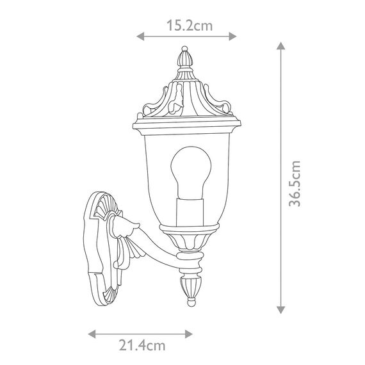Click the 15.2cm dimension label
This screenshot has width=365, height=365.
(x=190, y=26)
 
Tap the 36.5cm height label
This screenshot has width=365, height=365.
(x=295, y=183)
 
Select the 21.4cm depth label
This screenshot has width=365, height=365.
(x=142, y=345)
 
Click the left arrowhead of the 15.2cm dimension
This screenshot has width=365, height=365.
(x=140, y=36)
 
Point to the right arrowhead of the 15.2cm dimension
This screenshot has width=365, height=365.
(x=233, y=36)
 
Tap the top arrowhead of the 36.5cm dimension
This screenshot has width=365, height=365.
(x=281, y=45)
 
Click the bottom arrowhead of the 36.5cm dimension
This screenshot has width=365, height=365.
(x=281, y=310)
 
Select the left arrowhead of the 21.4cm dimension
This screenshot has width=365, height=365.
(x=92, y=334)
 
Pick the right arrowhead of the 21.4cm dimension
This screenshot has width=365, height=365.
(x=189, y=334)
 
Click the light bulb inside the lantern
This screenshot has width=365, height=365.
(x=191, y=172)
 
